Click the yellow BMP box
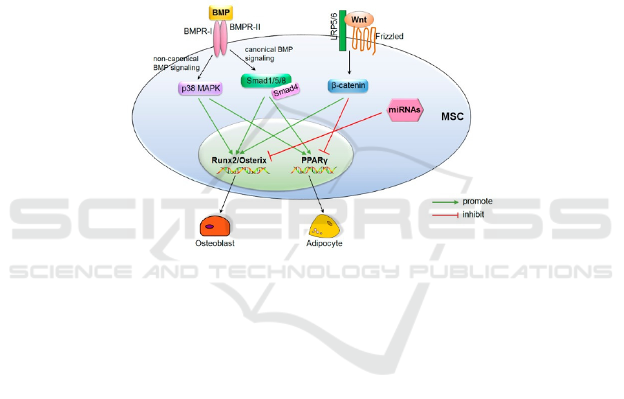pos(220,12)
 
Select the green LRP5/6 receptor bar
pos(342,35)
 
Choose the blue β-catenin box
pos(347,86)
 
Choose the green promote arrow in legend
pos(446,202)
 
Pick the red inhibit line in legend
pos(446,215)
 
